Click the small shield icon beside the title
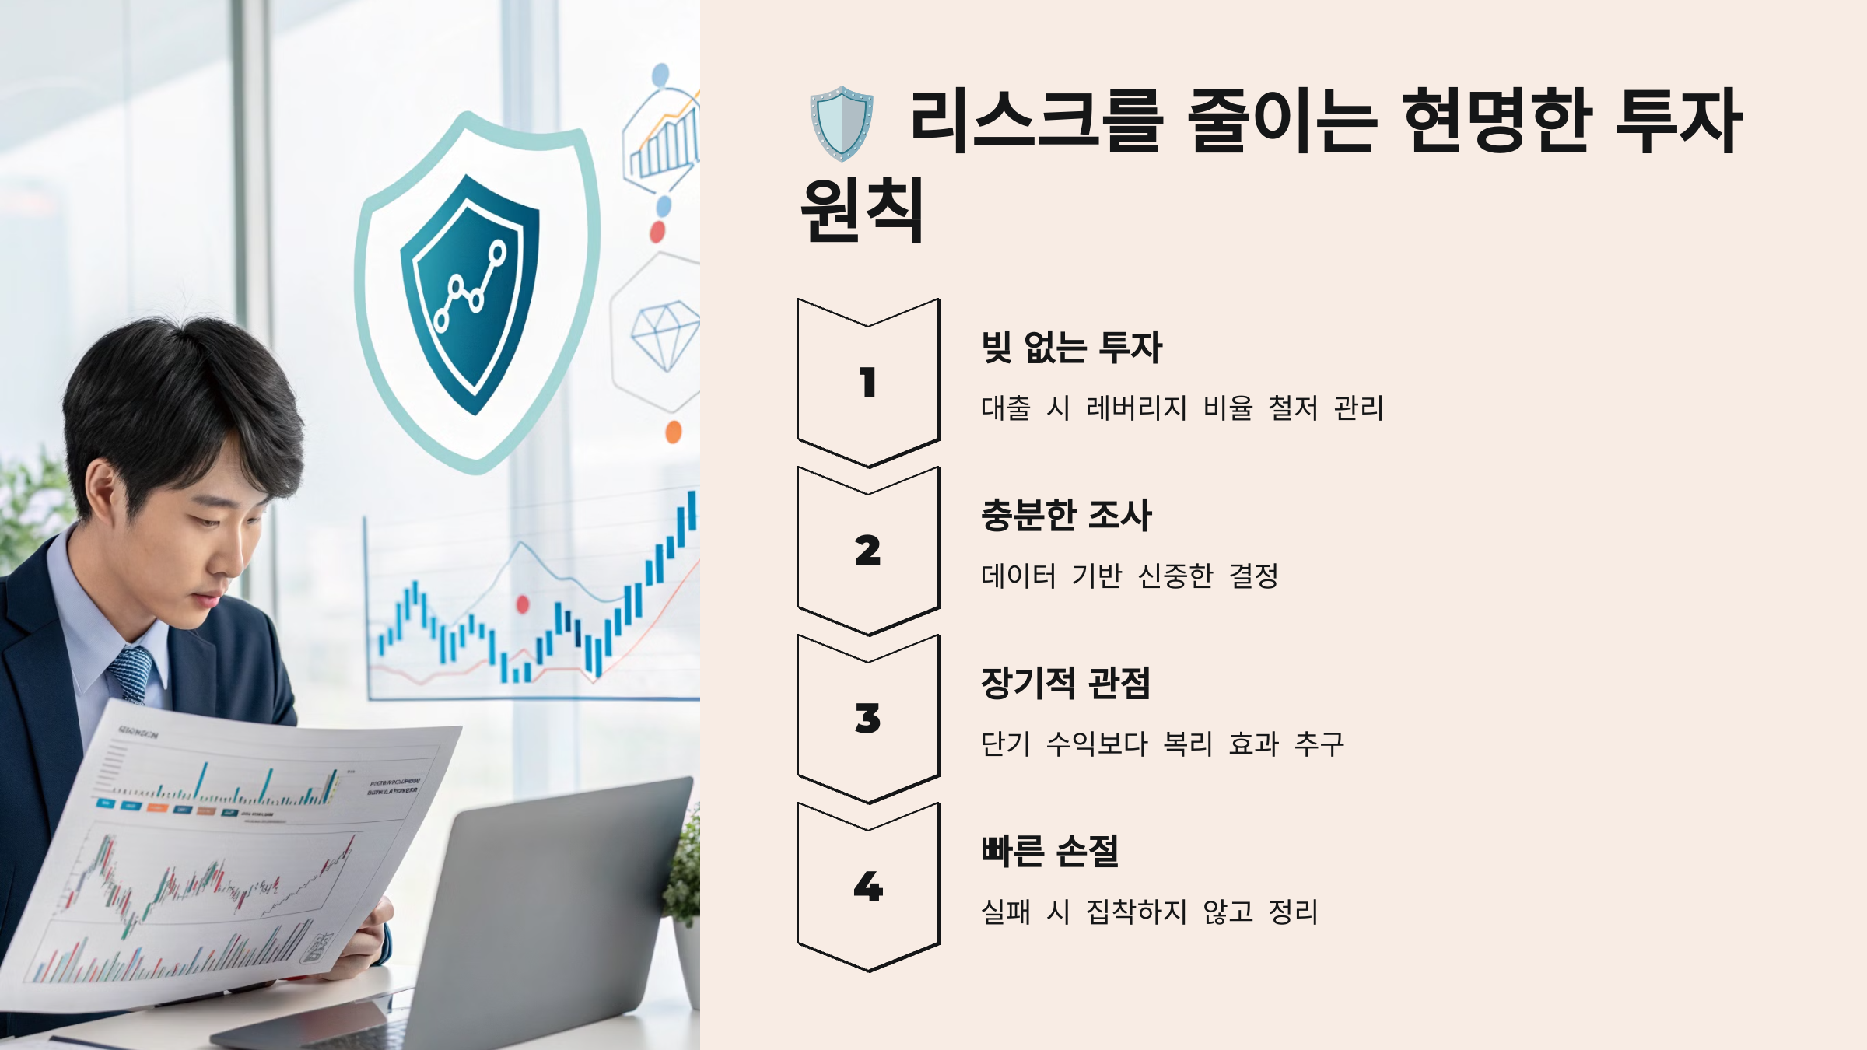click(x=842, y=123)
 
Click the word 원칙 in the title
click(x=862, y=210)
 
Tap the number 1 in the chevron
click(x=868, y=383)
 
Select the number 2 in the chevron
click(x=868, y=551)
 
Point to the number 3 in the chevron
click(x=868, y=719)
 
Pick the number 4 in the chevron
click(x=868, y=887)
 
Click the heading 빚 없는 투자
click(x=1071, y=347)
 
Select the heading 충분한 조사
click(x=1066, y=515)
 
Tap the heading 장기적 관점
click(x=1065, y=683)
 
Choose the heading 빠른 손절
click(x=1049, y=851)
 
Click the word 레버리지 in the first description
click(x=1136, y=408)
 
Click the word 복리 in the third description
click(x=1188, y=744)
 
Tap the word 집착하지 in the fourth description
click(x=1136, y=912)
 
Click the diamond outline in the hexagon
click(x=666, y=335)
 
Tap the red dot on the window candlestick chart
click(x=523, y=604)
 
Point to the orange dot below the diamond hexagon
click(x=674, y=432)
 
